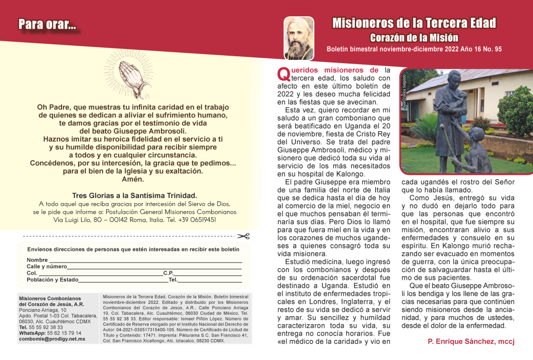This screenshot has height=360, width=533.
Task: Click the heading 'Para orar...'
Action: (x=47, y=24)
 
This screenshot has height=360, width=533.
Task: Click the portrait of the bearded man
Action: (x=299, y=38)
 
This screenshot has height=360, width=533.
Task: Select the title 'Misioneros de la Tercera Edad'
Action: (x=414, y=23)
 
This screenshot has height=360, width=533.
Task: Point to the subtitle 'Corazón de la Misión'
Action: (x=414, y=38)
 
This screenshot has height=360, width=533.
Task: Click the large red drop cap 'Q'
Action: (x=283, y=74)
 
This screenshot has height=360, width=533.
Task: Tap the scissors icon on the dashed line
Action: (x=246, y=236)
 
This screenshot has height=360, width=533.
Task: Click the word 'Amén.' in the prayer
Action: (x=133, y=179)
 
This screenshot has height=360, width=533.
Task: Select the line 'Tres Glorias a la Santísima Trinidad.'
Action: (x=134, y=195)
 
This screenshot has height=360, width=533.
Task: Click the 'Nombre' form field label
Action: (x=37, y=259)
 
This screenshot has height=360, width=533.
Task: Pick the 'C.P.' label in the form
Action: (x=168, y=272)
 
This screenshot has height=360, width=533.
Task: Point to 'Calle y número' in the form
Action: (x=47, y=266)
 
